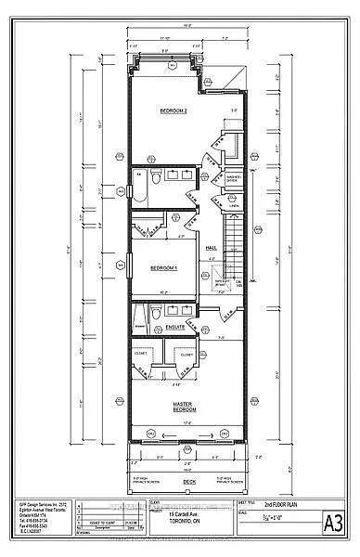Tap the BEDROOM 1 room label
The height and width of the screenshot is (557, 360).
164,267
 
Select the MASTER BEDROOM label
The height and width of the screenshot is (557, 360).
188,408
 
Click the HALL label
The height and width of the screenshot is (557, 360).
211,247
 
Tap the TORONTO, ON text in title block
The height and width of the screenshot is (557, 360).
179,522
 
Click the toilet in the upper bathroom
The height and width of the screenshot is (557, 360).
159,175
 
